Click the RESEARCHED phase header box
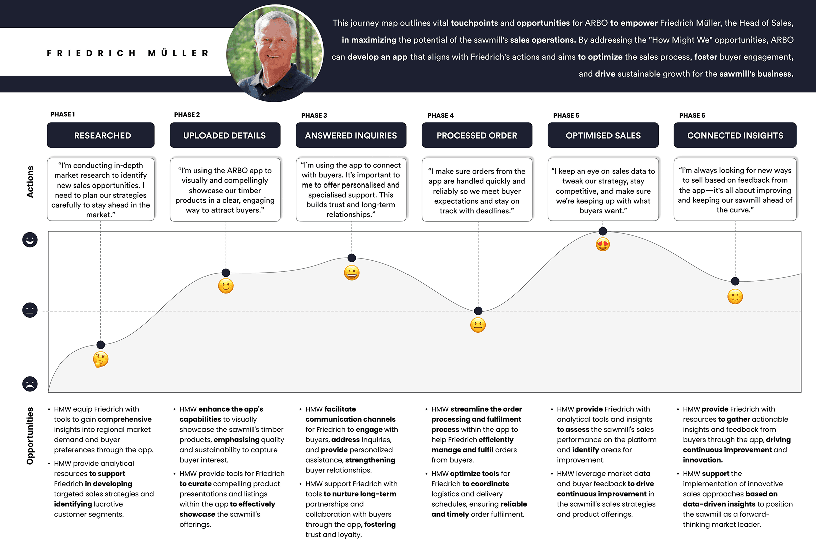(101, 135)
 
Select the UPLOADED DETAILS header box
(225, 135)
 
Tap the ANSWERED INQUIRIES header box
(351, 135)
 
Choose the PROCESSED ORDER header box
(477, 135)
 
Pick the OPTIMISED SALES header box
(603, 135)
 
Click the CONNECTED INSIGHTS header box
(735, 135)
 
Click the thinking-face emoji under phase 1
(101, 359)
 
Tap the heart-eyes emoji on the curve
(603, 245)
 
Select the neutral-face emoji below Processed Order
(478, 325)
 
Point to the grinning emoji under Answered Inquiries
(352, 273)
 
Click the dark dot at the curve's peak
(603, 231)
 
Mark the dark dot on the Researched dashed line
(101, 345)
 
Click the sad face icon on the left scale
(30, 384)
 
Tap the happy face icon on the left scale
(30, 240)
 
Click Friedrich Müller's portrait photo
(275, 53)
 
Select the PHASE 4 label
(440, 115)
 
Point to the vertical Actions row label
(30, 181)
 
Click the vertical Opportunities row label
(30, 435)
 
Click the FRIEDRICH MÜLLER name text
(128, 53)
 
